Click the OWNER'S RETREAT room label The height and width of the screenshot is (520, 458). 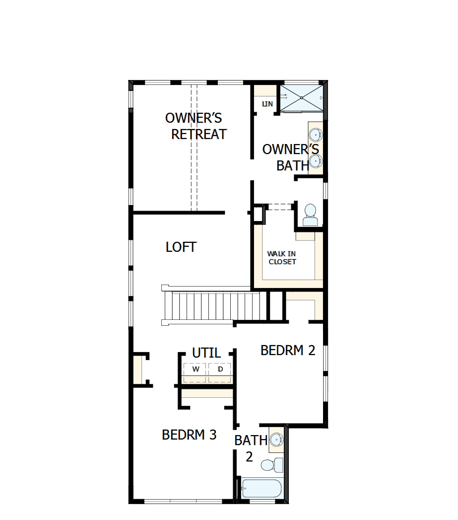coord(196,126)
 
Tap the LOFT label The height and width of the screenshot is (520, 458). coord(181,247)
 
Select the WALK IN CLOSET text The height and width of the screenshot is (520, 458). coord(282,258)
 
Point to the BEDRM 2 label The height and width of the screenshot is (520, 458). coord(288,350)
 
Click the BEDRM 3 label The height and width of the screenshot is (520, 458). coord(189,435)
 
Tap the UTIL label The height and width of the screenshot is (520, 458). coord(206,353)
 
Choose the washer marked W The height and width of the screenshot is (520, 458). coord(196,370)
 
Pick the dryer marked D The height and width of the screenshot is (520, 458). coord(220,370)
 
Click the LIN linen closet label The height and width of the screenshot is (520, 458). coord(267,104)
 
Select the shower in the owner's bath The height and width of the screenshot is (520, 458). coord(301,98)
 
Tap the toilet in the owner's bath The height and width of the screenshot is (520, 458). coord(310,215)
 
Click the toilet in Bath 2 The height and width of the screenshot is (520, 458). coord(270,465)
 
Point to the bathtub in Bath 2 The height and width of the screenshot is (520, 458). coord(262,489)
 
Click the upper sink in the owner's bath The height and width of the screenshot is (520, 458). coord(316,135)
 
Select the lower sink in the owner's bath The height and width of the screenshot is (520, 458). coord(316,160)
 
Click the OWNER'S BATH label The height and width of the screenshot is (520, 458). coord(290,157)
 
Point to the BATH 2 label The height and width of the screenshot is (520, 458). coord(251,447)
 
